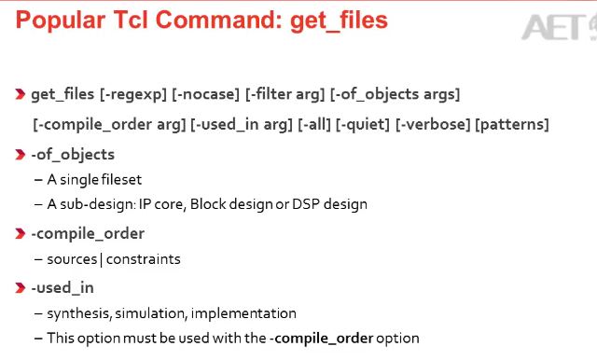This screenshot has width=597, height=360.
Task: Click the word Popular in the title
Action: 60,21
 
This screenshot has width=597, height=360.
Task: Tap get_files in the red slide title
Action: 339,21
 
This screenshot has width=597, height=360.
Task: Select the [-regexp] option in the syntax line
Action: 133,94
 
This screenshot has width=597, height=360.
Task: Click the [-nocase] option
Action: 205,94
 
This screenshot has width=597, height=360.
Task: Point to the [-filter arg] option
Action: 285,94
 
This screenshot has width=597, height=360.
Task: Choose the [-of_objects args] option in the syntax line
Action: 395,94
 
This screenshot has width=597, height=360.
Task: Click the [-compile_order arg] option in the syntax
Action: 109,125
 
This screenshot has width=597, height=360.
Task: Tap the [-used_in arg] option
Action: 242,125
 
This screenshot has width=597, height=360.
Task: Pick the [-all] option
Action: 314,125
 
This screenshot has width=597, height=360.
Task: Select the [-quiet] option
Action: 363,125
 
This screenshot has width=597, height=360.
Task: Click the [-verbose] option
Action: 433,125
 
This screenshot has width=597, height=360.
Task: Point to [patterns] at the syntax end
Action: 512,125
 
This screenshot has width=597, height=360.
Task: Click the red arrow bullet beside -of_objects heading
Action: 21,155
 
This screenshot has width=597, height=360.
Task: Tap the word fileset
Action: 122,180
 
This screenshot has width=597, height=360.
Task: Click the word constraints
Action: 143,259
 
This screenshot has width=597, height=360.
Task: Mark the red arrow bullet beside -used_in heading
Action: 21,287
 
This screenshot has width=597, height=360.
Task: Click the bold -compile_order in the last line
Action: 321,339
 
